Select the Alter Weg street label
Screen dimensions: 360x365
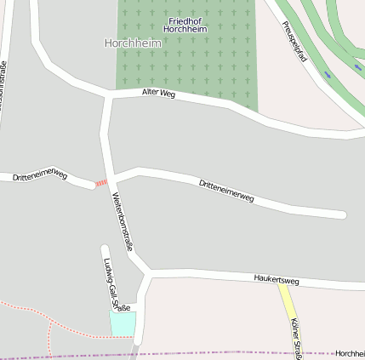tap(158, 93)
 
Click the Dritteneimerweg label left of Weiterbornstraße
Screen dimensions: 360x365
tap(39, 175)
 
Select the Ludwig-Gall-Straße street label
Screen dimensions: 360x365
tap(116, 283)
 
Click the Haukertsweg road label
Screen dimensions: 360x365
tap(277, 279)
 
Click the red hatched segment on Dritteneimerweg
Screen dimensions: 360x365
tap(101, 183)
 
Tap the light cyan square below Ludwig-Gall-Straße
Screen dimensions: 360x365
tap(122, 323)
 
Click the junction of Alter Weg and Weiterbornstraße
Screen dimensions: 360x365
tap(108, 96)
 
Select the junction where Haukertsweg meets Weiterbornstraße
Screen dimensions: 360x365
tap(149, 273)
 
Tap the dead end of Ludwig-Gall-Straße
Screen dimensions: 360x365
tap(106, 249)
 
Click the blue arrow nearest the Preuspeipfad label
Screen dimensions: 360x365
tap(328, 75)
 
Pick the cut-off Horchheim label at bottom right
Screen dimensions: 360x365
tap(349, 353)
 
